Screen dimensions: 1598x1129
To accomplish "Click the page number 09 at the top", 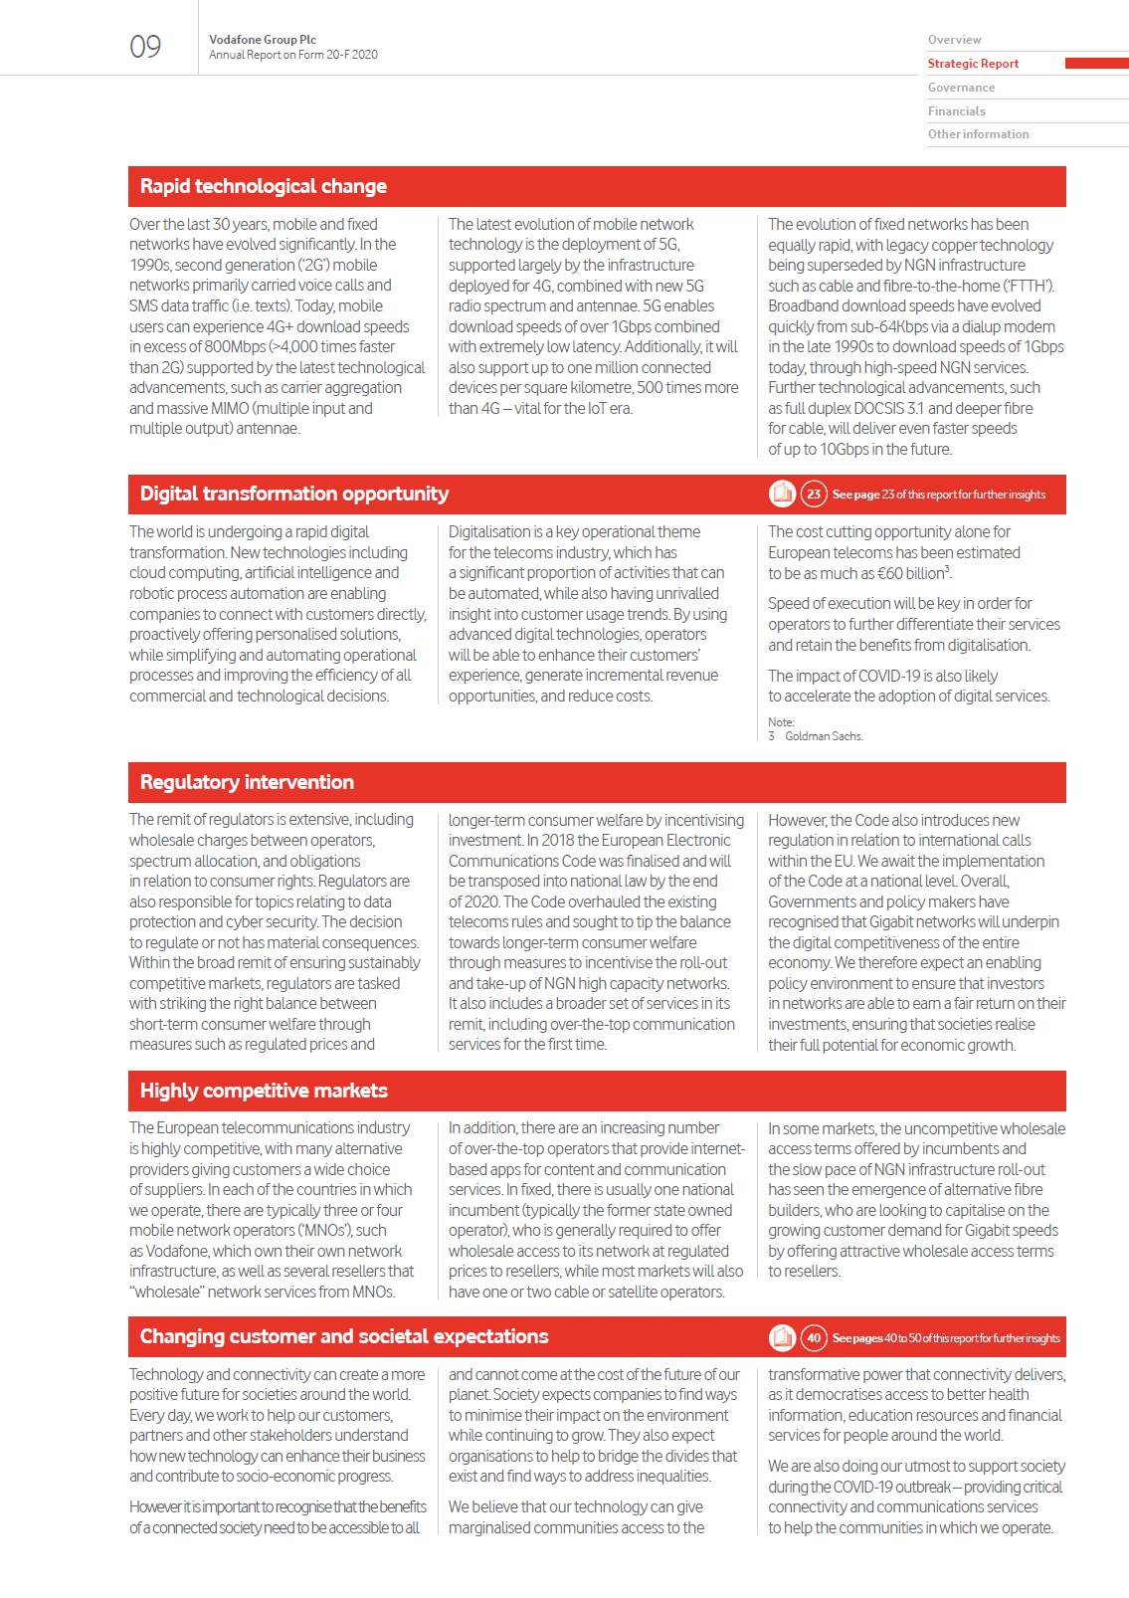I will pyautogui.click(x=145, y=47).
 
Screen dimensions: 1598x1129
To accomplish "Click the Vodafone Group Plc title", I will pyautogui.click(x=263, y=40).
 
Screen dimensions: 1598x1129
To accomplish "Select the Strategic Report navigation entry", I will pyautogui.click(x=973, y=64).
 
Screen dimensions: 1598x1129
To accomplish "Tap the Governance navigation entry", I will pyautogui.click(x=961, y=88).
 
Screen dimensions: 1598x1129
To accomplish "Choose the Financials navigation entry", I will pyautogui.click(x=956, y=111).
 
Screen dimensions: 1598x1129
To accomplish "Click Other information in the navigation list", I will pyautogui.click(x=978, y=134).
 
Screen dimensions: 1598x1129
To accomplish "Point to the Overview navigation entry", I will pyautogui.click(x=954, y=40).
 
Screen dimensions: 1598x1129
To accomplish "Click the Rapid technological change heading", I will pyautogui.click(x=263, y=186).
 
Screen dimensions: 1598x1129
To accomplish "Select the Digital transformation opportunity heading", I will pyautogui.click(x=293, y=494).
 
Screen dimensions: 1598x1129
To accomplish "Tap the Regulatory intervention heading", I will pyautogui.click(x=247, y=782).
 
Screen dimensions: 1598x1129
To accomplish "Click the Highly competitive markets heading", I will pyautogui.click(x=264, y=1091).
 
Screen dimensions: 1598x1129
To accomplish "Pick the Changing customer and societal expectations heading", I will pyautogui.click(x=344, y=1336).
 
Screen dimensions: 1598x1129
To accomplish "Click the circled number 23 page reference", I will pyautogui.click(x=814, y=494).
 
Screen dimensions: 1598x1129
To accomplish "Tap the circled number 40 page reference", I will pyautogui.click(x=814, y=1337).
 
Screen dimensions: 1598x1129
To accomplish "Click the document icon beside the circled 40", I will pyautogui.click(x=783, y=1337).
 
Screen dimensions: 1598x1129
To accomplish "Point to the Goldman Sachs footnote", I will pyautogui.click(x=823, y=736).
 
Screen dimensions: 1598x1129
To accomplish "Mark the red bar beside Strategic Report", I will pyautogui.click(x=1096, y=64).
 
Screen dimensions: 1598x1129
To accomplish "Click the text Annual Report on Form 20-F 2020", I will pyautogui.click(x=293, y=55).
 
